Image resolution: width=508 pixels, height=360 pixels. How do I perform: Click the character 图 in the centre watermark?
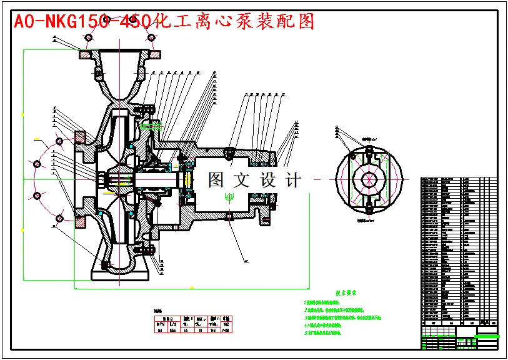(x=215, y=181)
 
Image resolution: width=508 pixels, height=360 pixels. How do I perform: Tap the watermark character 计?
(x=292, y=181)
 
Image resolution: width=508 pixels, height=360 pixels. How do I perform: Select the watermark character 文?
(x=241, y=181)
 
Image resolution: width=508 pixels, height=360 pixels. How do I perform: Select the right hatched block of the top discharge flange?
(x=152, y=55)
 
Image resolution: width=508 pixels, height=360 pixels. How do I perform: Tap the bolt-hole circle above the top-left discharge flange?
(x=87, y=39)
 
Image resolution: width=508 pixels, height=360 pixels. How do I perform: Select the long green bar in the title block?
(x=487, y=336)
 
